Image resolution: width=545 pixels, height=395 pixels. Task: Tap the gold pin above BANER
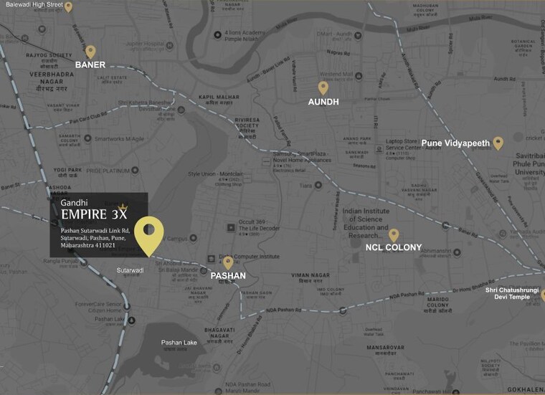[x=90, y=52]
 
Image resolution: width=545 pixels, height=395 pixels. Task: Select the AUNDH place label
[x=323, y=103]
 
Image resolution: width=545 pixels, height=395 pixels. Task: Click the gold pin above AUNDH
[x=323, y=88]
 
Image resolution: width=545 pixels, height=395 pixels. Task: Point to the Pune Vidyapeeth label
[x=455, y=143]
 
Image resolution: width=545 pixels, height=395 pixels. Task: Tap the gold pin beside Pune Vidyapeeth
[x=498, y=143]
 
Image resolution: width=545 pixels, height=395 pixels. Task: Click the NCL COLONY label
[x=394, y=248]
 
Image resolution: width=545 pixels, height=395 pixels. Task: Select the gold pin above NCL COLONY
[x=394, y=235]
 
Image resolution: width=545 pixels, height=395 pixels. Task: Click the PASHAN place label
[x=228, y=275]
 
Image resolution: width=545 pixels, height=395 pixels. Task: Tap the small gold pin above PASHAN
[x=228, y=262]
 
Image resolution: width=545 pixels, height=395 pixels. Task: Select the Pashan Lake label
[x=179, y=343]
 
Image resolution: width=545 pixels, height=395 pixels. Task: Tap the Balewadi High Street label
[x=34, y=5]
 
